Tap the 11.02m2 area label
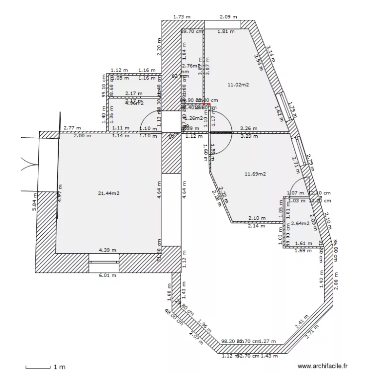coord(238,85)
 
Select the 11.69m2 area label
coord(255,174)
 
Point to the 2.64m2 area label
coord(300,223)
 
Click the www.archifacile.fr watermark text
coord(323,366)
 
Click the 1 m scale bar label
coord(59,367)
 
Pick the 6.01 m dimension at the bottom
coord(107,275)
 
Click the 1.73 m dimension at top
coord(182,17)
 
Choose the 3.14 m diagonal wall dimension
coord(271,53)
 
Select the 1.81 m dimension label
coord(226,32)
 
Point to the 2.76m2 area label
coord(191,66)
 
